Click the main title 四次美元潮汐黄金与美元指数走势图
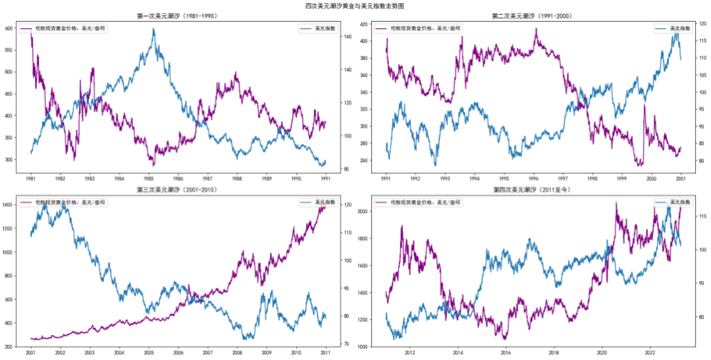click(355, 5)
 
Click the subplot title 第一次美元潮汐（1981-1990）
click(178, 16)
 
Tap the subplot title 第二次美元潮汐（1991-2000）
click(533, 16)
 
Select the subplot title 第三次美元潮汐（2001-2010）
click(178, 190)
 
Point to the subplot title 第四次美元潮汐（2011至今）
click(533, 190)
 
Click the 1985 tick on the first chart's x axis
click(149, 178)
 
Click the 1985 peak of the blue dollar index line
click(153, 29)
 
